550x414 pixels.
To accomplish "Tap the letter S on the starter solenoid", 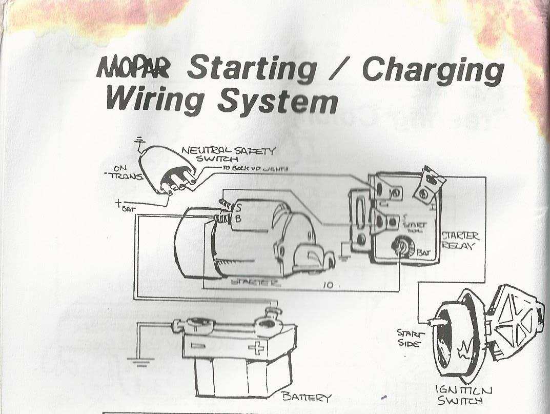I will click(x=238, y=208).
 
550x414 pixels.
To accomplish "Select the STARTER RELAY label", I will click(x=460, y=240).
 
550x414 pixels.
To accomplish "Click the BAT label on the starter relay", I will click(x=424, y=252).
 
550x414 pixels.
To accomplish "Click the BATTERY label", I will click(x=307, y=398).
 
